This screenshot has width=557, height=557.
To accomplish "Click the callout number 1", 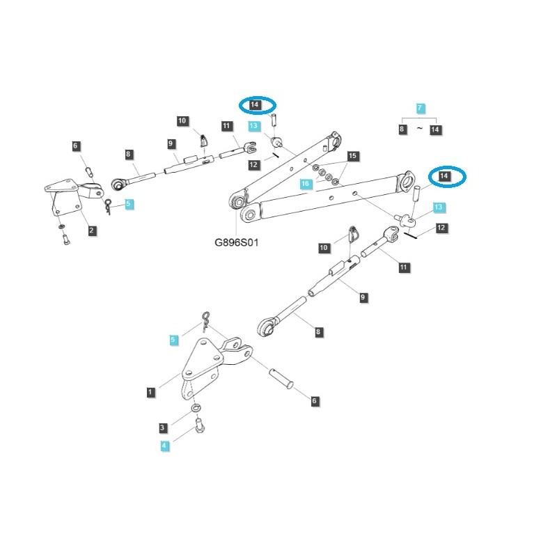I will [150, 393].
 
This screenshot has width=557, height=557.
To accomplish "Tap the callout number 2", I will [92, 230].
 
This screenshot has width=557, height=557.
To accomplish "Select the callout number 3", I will [163, 427].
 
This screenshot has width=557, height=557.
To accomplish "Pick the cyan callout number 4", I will [164, 446].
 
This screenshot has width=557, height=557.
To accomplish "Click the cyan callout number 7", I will [420, 108].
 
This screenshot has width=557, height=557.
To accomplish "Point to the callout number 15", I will [353, 155].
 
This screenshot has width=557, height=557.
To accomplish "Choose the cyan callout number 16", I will [304, 183].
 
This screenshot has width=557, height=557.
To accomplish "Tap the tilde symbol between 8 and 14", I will [419, 130].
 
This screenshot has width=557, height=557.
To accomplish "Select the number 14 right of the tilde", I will [436, 130].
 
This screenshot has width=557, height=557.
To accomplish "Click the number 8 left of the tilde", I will [402, 130].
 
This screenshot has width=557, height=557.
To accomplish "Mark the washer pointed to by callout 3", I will [196, 407].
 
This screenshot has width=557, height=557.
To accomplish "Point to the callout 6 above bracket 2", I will [77, 146].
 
